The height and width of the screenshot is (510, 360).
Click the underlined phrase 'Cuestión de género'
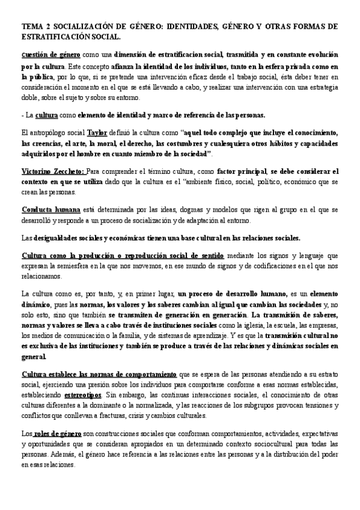click(x=44, y=55)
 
